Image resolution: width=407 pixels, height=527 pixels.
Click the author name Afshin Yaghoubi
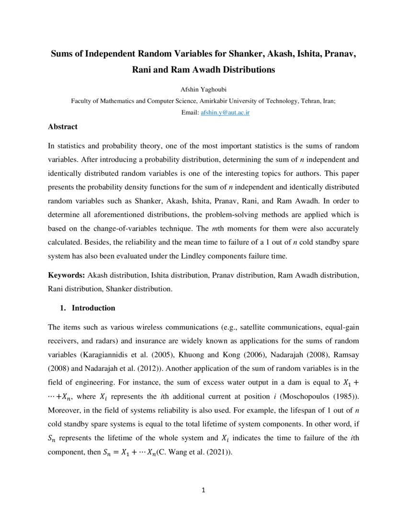(203, 90)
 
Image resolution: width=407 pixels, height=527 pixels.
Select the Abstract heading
(63, 127)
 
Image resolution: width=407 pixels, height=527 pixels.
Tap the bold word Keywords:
(67, 275)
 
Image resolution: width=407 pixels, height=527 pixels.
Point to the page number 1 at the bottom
(203, 490)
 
